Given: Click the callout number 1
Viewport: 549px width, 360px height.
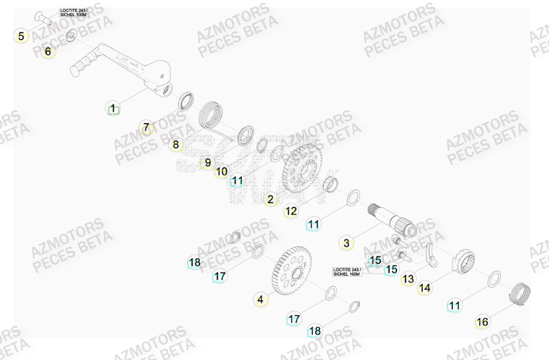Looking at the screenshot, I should coord(112,110).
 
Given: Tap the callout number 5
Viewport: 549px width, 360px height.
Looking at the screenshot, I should coord(22,36).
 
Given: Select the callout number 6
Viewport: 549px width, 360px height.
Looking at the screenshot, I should coord(48,52).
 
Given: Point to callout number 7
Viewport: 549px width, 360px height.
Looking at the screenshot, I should coord(146,128).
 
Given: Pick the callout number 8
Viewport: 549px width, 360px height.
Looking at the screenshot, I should coord(176,145).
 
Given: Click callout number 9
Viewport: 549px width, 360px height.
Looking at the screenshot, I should coord(208,162).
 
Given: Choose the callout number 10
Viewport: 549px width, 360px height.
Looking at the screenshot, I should coord(222,172).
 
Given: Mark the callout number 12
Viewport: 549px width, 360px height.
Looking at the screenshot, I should coord(291,211).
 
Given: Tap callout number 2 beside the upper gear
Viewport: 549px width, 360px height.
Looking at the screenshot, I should coord(270,199).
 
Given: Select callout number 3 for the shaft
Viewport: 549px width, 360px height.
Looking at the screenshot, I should coord(347,243).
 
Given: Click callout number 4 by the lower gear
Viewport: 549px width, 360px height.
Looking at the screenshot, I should coord(260,300).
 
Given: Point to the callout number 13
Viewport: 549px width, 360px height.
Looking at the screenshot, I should coord(408,279).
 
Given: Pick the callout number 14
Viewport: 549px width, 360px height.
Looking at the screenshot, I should coord(425,287).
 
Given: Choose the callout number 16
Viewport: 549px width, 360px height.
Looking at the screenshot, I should coord(482,321).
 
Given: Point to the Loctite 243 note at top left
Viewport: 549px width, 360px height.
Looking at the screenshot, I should coord(74,12).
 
